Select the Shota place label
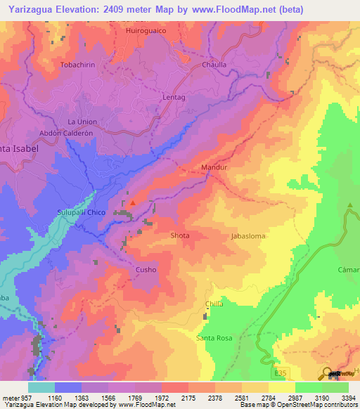click(x=180, y=236)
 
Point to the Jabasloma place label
click(x=248, y=236)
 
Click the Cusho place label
click(x=146, y=269)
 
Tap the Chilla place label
click(x=214, y=304)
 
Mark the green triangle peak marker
click(x=350, y=206)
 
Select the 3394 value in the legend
click(x=348, y=398)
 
